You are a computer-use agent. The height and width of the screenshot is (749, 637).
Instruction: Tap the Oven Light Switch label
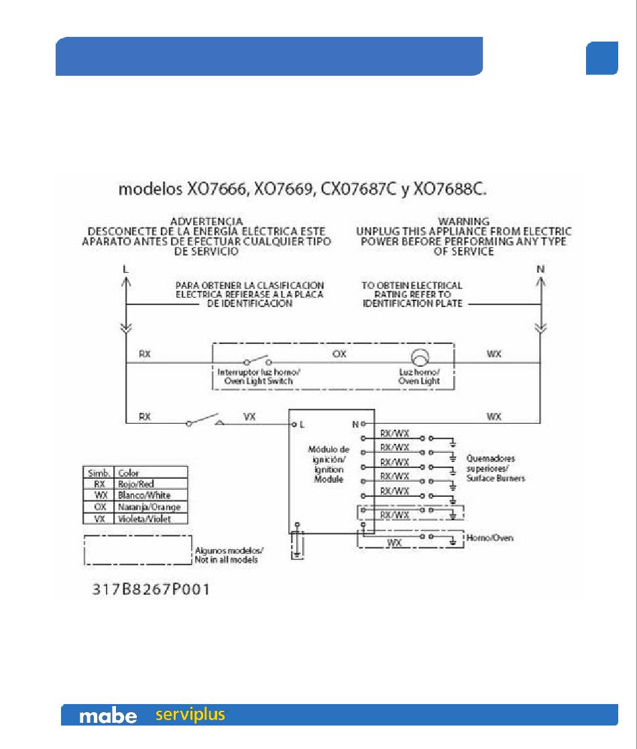255,377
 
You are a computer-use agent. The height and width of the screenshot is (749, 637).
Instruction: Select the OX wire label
340,353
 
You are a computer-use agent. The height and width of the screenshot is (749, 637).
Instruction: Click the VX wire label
249,416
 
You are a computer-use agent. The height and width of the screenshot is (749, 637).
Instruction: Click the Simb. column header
98,472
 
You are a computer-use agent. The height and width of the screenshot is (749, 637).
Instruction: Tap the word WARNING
463,221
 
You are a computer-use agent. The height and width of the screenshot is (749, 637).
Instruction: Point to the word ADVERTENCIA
207,221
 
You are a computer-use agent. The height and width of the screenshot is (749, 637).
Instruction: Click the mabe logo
108,716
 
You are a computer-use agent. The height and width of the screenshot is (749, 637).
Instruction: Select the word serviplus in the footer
190,715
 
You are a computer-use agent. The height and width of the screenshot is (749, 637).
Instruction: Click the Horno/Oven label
490,538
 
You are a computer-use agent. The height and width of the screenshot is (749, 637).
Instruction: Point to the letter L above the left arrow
125,268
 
